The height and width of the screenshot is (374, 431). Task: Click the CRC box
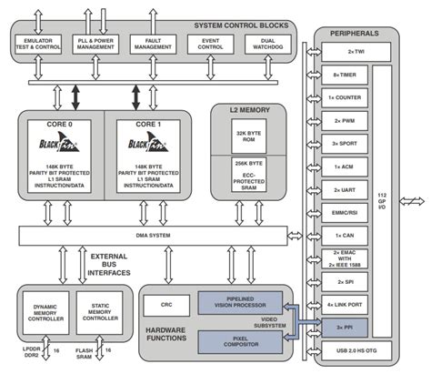click(x=166, y=303)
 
